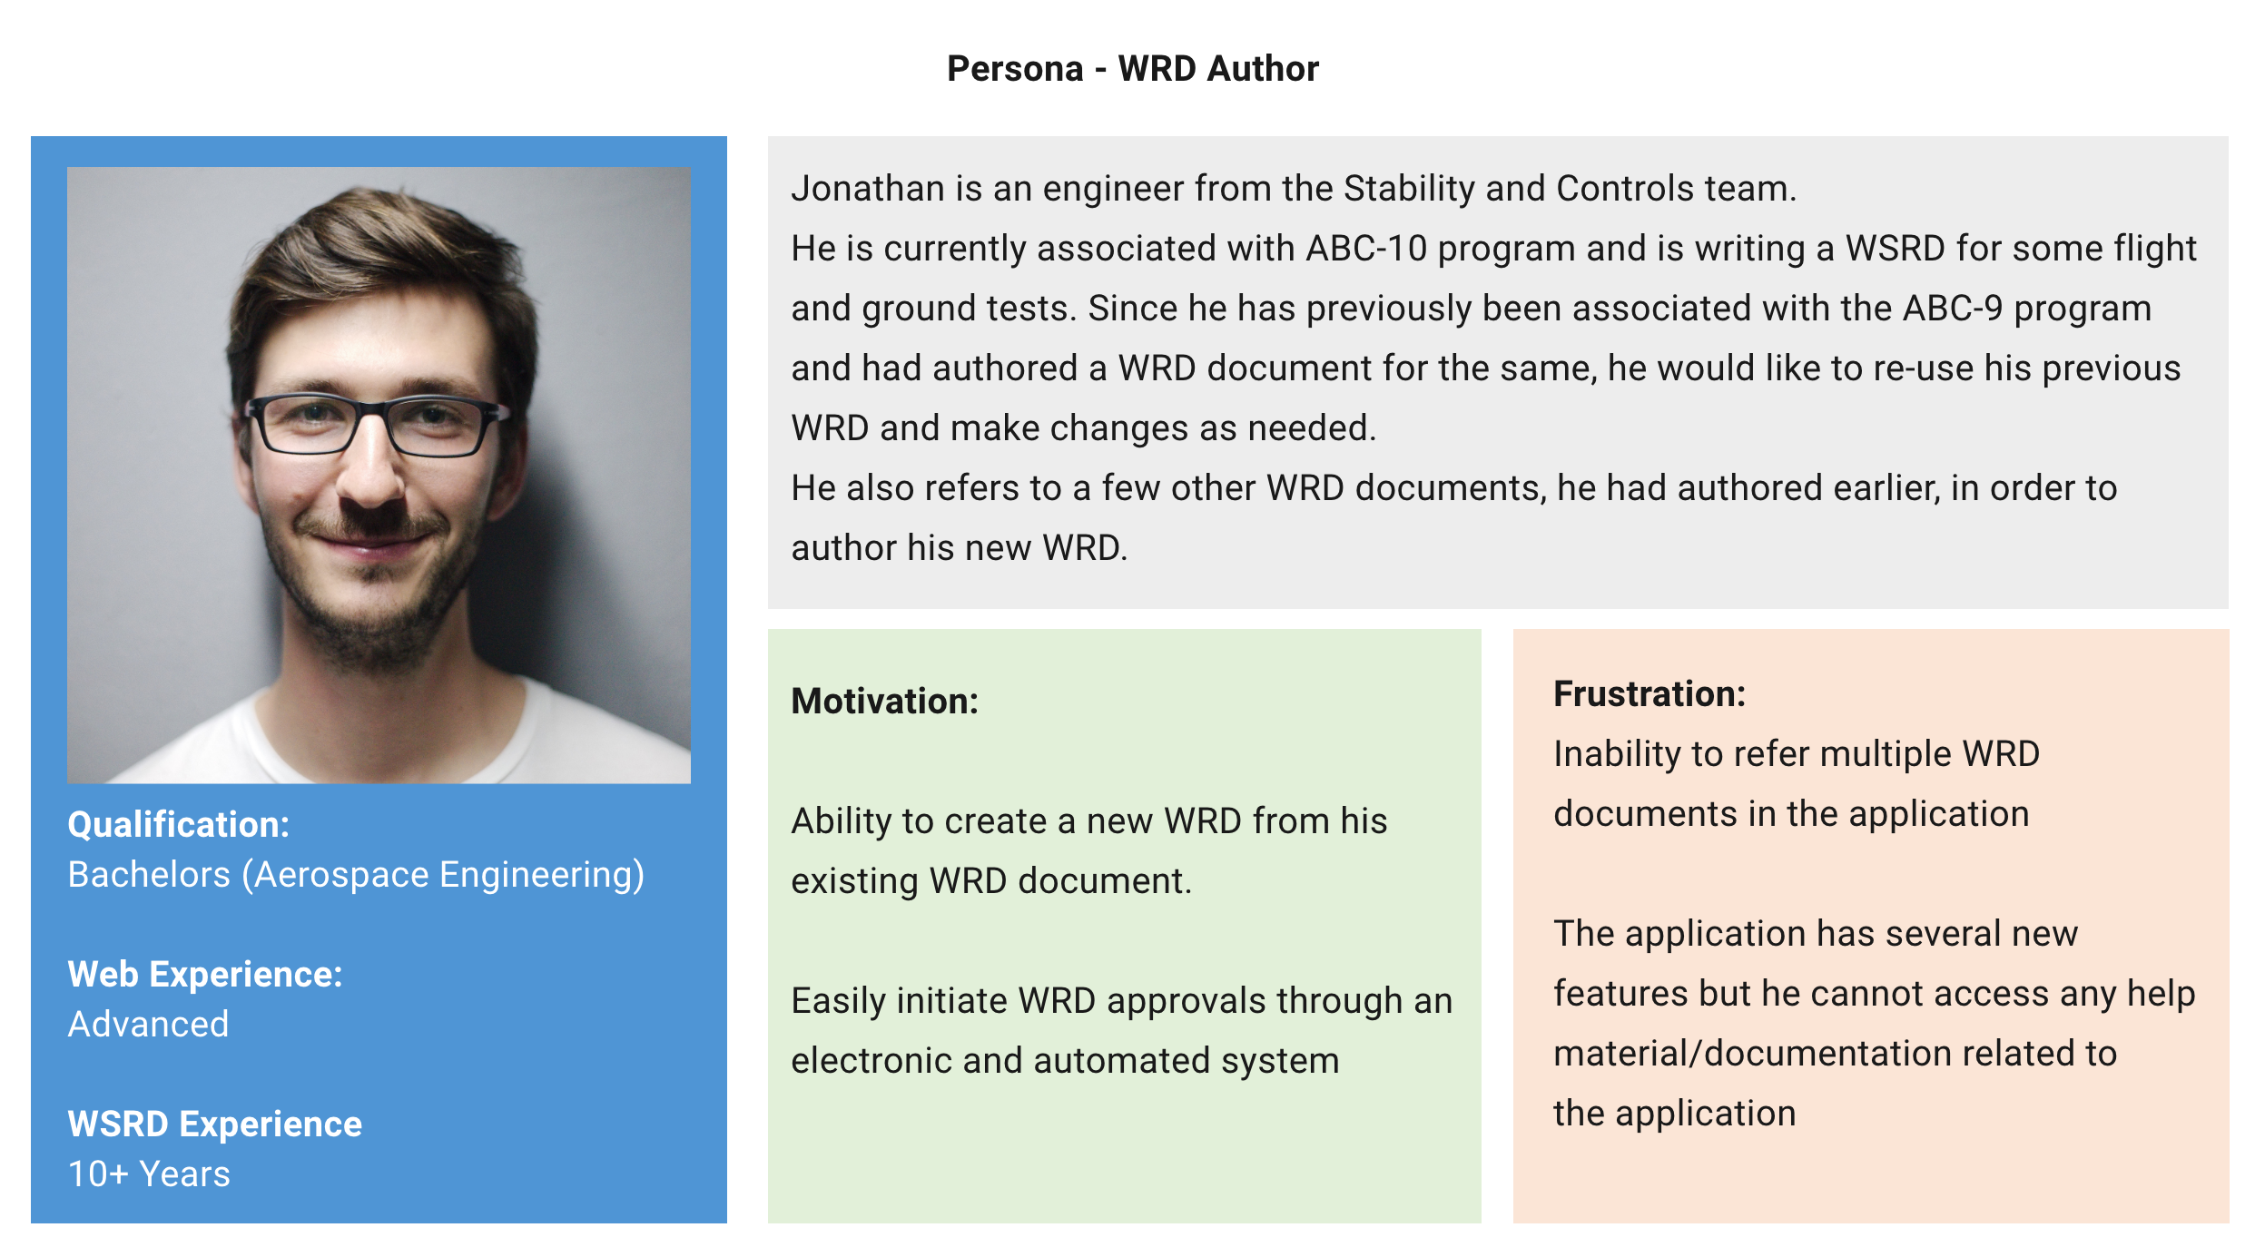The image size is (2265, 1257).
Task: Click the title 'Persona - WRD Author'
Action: [x=1132, y=69]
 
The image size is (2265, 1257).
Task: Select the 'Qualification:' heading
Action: [x=179, y=825]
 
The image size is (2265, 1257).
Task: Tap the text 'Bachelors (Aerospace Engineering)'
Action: [x=356, y=875]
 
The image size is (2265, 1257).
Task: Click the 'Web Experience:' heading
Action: [x=205, y=975]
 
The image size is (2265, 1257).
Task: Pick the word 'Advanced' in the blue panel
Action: [x=149, y=1025]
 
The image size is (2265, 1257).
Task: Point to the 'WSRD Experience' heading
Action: [x=215, y=1124]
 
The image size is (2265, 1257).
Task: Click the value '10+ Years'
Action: [x=149, y=1174]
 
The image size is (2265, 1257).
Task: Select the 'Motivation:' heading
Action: [x=884, y=702]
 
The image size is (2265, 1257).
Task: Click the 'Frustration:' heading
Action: [x=1650, y=694]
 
